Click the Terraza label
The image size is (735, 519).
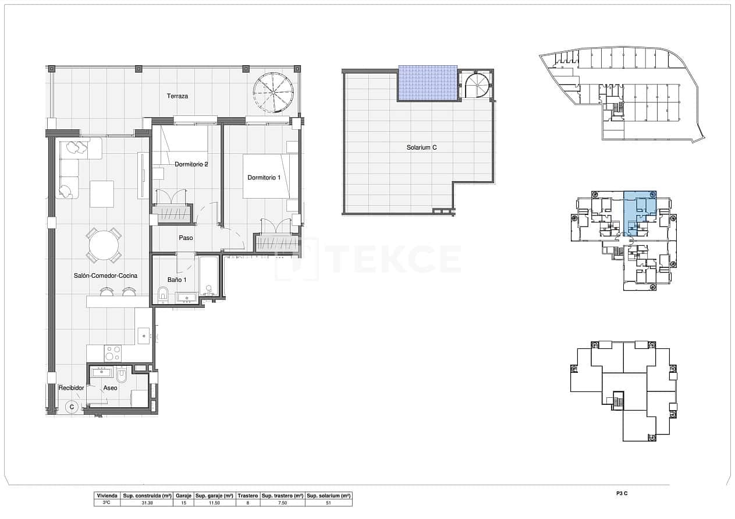point(177,96)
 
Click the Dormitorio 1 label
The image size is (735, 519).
point(264,178)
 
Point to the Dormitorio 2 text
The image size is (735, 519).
point(191,164)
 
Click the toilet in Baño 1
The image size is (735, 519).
point(163,294)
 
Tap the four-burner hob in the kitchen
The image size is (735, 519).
point(112,353)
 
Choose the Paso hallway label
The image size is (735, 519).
point(186,238)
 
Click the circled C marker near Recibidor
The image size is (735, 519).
point(72,407)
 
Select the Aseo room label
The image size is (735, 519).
point(110,388)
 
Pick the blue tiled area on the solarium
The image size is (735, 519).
point(427,83)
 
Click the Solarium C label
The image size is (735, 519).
point(421,148)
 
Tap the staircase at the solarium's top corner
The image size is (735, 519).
point(477,84)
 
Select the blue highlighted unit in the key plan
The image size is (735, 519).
point(639,210)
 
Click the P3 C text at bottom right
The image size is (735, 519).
point(622,494)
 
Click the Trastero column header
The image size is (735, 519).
point(248,495)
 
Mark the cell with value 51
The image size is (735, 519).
point(328,502)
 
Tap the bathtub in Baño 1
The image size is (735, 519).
point(208,276)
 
